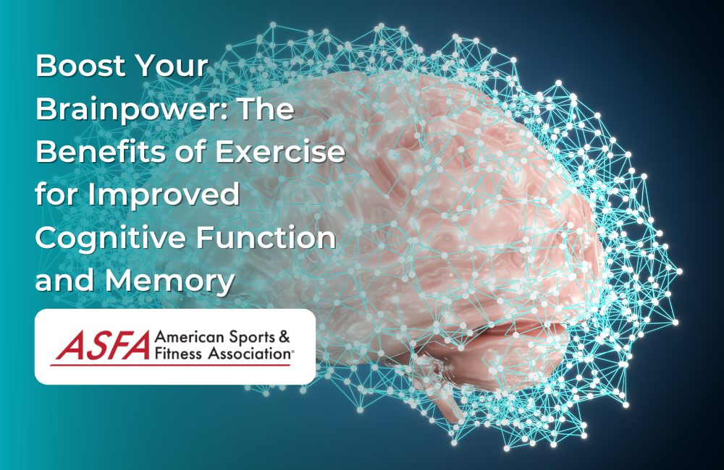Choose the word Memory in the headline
(x=170, y=281)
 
